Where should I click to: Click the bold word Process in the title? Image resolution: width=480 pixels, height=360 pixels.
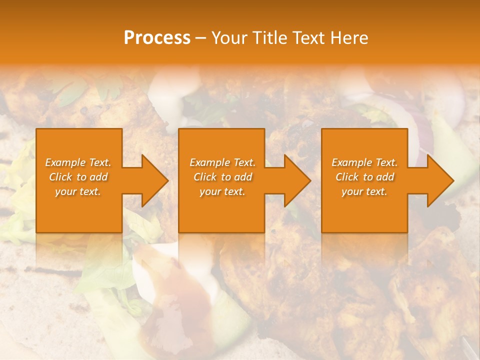tap(157, 38)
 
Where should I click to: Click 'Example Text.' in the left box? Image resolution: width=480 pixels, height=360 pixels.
tap(78, 162)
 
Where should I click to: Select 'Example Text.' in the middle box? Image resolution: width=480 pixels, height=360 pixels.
tap(222, 162)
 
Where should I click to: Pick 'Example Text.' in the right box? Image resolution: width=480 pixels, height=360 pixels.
tap(364, 162)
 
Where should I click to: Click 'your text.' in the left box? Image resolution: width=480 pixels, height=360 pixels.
tap(78, 191)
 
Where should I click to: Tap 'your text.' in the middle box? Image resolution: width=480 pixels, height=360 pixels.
tap(222, 191)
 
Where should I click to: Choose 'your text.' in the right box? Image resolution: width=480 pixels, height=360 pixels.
tap(364, 191)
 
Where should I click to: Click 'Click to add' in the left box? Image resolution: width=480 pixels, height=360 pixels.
tap(78, 177)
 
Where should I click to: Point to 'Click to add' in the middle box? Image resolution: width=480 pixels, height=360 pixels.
tap(222, 177)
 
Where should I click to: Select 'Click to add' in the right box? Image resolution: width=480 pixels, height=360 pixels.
tap(364, 177)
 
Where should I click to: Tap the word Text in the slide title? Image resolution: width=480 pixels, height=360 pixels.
tap(308, 38)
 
